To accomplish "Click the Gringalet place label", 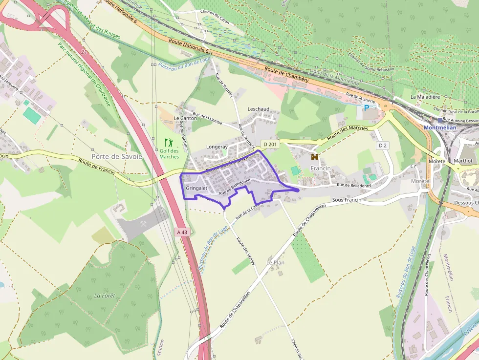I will point(197,188).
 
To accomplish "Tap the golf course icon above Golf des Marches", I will point(169,143).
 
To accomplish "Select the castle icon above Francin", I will point(315,157).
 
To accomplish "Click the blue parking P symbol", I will point(366,108).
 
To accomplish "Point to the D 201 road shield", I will point(269,144).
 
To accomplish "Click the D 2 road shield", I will point(382,146).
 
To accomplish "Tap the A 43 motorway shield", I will point(182,232).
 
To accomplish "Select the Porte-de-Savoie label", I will point(117,157).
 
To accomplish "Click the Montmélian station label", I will point(440,127).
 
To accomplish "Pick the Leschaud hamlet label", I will point(259,108).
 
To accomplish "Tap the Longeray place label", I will point(217,147).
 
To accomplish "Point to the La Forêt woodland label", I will point(104,296).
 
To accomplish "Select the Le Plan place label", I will point(275,262).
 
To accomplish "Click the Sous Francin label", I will point(347,200).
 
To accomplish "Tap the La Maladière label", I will point(425,97).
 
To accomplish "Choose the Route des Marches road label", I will point(348,132).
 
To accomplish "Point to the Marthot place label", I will point(463,161).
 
